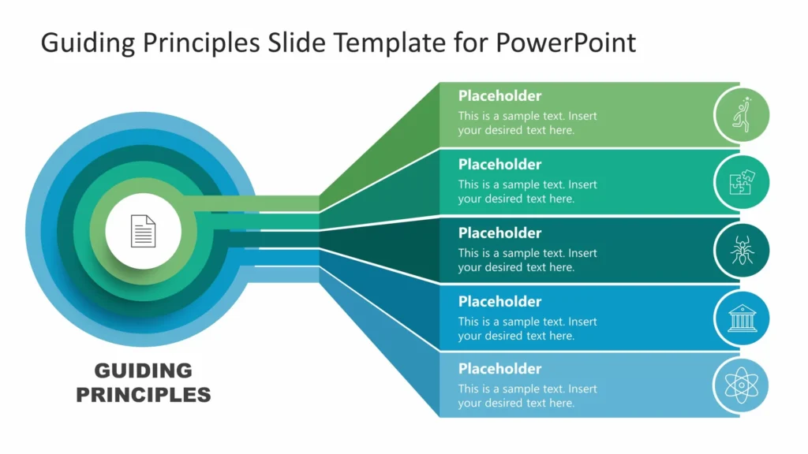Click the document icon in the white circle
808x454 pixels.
point(143,231)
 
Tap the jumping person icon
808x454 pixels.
point(741,114)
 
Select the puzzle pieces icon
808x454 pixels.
point(741,183)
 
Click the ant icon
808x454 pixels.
point(741,251)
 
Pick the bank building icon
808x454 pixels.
point(741,318)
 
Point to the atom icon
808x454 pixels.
point(741,386)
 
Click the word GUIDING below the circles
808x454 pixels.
point(143,370)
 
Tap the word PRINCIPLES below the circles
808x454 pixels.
point(143,394)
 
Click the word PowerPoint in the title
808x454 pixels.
point(566,43)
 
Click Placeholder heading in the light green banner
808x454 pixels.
point(499,96)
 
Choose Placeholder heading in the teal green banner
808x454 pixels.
point(499,165)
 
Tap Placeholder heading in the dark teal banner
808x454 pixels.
point(499,233)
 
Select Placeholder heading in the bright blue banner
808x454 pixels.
point(499,302)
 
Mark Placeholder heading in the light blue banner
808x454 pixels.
point(499,369)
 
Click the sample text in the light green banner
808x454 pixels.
point(527,123)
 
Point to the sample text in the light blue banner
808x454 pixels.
point(527,396)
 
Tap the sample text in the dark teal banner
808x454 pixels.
point(527,260)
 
